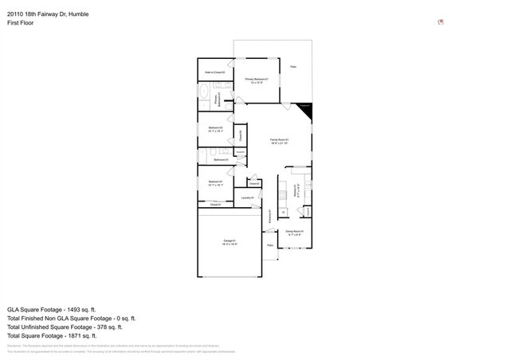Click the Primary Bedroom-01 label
(256, 80)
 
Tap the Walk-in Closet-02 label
(214, 72)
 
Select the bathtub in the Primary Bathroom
(203, 99)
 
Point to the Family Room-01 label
(278, 140)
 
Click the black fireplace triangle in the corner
(306, 110)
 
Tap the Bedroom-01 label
(215, 182)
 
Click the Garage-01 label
(229, 241)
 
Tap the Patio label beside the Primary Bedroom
(294, 67)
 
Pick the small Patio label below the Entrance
(271, 245)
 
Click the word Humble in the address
(86, 11)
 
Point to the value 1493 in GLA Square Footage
(80, 308)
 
